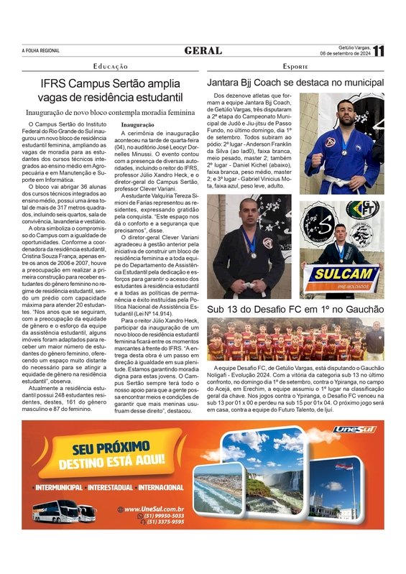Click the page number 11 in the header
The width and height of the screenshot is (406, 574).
(x=379, y=50)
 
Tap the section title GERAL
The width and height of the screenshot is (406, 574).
(x=203, y=50)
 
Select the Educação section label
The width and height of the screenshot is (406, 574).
(x=111, y=66)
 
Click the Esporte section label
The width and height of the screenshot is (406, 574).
(x=295, y=66)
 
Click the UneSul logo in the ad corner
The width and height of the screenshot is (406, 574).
(x=354, y=429)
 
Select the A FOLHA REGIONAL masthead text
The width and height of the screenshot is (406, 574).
(x=42, y=50)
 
